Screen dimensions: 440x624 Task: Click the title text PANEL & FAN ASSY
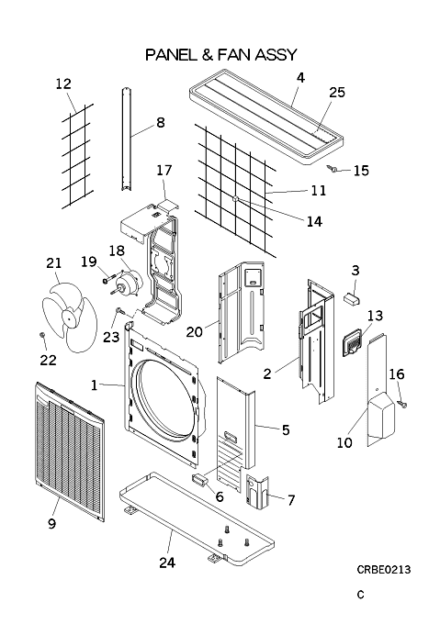(221, 55)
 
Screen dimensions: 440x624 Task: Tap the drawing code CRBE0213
(383, 570)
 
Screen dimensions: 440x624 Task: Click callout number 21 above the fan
(54, 262)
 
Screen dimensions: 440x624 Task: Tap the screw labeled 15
(333, 169)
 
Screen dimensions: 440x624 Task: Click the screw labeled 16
(402, 405)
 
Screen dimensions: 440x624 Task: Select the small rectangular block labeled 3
(351, 297)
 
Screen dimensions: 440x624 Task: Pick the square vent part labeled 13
(353, 341)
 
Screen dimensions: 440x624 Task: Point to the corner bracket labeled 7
(257, 492)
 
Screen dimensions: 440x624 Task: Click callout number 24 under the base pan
(167, 563)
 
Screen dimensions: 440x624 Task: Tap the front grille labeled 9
(70, 451)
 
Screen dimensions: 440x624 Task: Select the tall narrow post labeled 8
(128, 139)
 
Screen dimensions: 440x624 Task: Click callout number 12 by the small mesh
(63, 84)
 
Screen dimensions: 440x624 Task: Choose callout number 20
(195, 331)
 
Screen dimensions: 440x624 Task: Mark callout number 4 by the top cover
(300, 77)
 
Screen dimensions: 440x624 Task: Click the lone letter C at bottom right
(360, 595)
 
